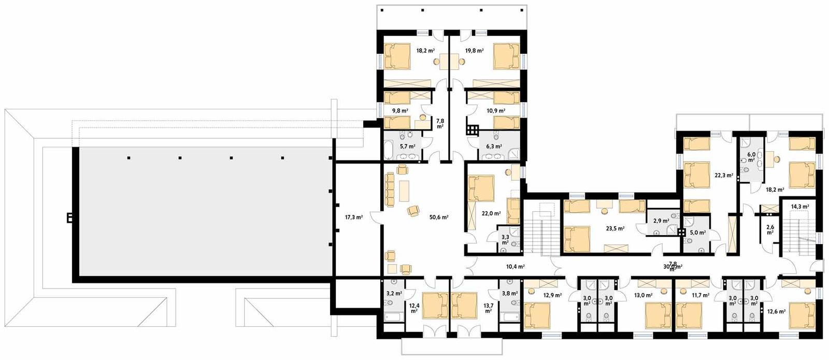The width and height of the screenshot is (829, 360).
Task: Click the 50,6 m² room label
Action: tap(439, 218)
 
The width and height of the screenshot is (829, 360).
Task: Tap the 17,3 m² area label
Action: tap(353, 218)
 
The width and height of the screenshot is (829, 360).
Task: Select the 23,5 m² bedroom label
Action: tap(615, 228)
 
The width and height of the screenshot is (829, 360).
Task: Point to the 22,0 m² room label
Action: tap(491, 213)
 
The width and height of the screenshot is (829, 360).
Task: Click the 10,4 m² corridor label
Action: tap(515, 267)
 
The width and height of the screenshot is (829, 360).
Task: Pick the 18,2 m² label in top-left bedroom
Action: tap(425, 51)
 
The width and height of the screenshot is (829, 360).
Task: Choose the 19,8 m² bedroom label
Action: tap(474, 51)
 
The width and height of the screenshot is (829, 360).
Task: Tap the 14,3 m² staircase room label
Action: tap(799, 207)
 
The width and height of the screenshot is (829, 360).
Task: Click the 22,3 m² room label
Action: tap(724, 176)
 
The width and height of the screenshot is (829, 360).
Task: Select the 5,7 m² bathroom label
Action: tap(407, 147)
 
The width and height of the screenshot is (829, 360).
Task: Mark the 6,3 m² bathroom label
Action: tap(493, 147)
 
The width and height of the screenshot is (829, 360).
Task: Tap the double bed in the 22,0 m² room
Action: tap(482, 188)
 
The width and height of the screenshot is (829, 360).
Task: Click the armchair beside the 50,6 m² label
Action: tap(413, 210)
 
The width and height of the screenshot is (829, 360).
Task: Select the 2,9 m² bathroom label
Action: tap(661, 221)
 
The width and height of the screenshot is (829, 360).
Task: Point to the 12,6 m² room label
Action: tap(776, 312)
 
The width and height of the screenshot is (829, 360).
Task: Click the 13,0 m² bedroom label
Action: tap(643, 295)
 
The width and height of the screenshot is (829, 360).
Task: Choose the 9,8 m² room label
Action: tap(399, 111)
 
